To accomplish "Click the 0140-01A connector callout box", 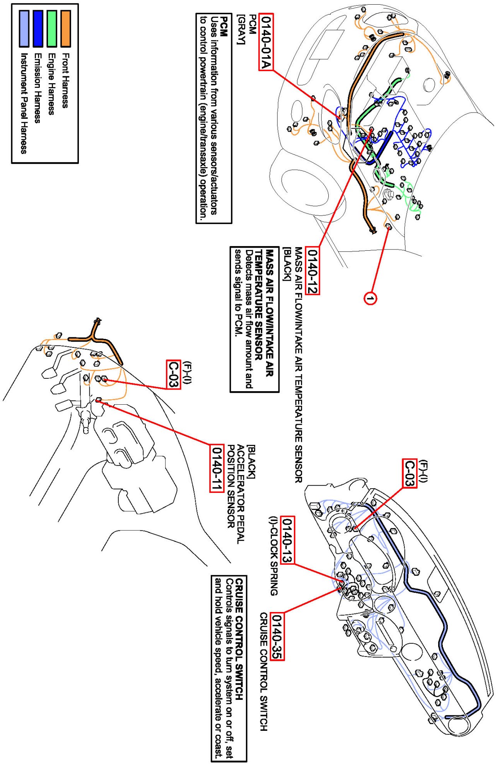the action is pos(266,42).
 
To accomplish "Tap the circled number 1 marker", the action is pos(370,298).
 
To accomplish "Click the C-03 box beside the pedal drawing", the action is pos(174,374).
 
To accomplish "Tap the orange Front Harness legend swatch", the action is pos(66,29).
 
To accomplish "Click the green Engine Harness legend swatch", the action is pos(52,29).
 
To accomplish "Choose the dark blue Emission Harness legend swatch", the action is pos(38,29).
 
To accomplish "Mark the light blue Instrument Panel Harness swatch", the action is pos(24,29).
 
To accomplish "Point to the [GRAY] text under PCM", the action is pos(241,29).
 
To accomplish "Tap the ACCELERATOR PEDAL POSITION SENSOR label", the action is pos(235,494).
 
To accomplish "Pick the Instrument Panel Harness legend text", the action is pos(24,104).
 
